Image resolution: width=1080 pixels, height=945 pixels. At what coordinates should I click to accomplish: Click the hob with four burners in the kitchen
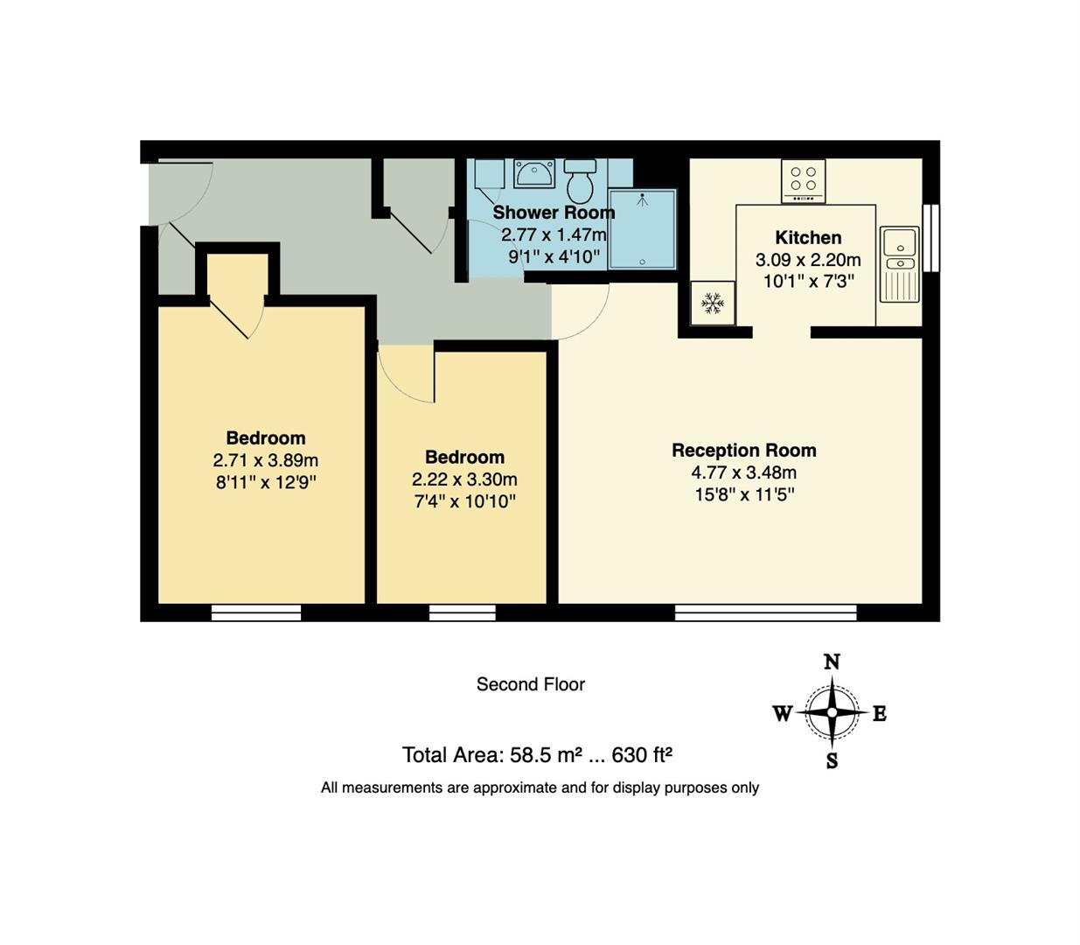[803, 180]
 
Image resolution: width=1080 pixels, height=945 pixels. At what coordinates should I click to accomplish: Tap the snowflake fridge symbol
[713, 304]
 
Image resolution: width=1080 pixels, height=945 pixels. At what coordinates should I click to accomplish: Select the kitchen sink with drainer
[899, 263]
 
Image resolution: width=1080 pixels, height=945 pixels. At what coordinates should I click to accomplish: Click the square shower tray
[643, 229]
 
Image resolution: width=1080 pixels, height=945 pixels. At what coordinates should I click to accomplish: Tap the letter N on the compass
[832, 661]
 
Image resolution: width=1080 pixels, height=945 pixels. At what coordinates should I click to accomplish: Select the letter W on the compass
[782, 713]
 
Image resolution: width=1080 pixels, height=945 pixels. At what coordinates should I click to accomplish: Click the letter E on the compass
[880, 713]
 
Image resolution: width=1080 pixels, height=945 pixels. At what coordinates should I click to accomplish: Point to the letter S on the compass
[832, 761]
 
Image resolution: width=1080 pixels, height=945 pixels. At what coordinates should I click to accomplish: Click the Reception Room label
[743, 451]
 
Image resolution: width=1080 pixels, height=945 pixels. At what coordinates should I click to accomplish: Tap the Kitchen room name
[808, 238]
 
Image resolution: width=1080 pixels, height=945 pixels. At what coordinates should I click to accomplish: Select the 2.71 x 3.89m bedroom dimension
[265, 460]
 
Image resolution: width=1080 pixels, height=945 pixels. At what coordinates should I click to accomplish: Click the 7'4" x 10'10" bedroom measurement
[464, 501]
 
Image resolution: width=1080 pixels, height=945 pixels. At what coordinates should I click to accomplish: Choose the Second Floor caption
[530, 684]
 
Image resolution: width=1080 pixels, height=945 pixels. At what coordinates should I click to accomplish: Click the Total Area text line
[536, 754]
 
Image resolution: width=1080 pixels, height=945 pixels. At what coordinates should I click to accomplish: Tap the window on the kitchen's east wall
[931, 238]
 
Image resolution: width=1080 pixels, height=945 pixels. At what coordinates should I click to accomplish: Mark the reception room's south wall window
[765, 612]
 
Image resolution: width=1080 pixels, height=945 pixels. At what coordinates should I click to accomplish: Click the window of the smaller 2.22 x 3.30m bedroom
[462, 612]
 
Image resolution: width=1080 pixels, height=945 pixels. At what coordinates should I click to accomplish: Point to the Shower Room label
[553, 213]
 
